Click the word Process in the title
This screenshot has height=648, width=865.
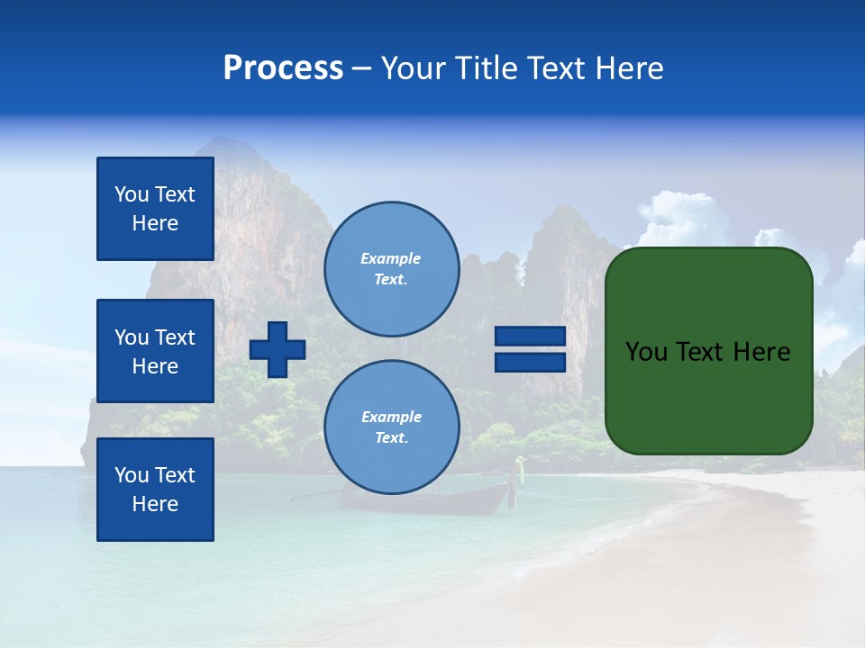tap(283, 68)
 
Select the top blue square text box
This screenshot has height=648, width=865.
tap(155, 209)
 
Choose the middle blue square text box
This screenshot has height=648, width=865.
tap(155, 351)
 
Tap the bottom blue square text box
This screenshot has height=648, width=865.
tap(155, 489)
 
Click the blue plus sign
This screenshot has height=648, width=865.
tap(278, 349)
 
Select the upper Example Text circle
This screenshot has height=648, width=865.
tap(391, 268)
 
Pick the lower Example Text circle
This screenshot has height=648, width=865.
tap(391, 427)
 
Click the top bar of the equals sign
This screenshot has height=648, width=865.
tap(530, 337)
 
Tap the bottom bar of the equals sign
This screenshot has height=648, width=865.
tap(530, 362)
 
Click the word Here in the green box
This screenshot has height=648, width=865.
tap(762, 351)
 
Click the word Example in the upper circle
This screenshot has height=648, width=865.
tap(391, 258)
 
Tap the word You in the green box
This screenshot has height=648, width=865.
tap(646, 351)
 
